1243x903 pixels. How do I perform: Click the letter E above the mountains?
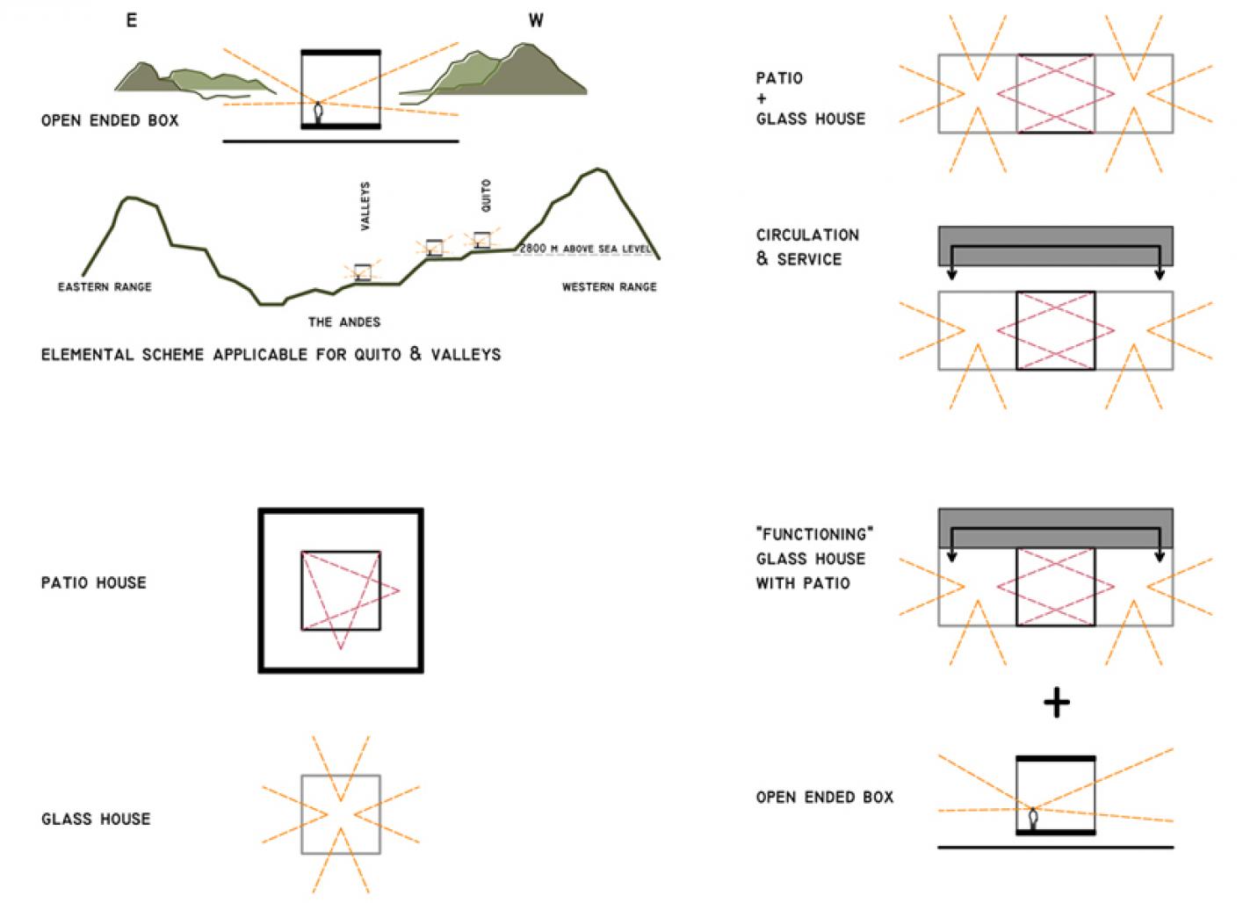click(x=132, y=20)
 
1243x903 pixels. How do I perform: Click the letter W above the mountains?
click(x=536, y=20)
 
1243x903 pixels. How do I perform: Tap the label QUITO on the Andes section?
click(x=486, y=195)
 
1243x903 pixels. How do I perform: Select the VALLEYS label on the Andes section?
click(x=365, y=206)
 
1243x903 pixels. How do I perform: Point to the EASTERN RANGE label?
click(x=105, y=287)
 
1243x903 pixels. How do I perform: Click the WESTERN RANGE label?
click(x=609, y=287)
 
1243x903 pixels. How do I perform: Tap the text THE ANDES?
click(x=344, y=322)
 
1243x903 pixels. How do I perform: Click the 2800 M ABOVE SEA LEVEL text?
click(x=585, y=249)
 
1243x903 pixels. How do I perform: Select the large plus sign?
click(x=1056, y=703)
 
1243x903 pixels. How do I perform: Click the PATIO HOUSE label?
click(x=94, y=582)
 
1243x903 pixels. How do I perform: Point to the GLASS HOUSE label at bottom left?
click(x=96, y=819)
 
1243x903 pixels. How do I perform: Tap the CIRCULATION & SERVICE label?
click(x=807, y=247)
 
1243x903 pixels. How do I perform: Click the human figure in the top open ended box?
click(x=318, y=113)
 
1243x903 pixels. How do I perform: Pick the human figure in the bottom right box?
click(x=1034, y=818)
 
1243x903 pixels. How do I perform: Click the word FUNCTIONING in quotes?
click(x=814, y=534)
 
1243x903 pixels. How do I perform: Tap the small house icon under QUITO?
click(x=481, y=239)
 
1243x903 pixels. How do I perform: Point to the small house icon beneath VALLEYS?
click(x=363, y=271)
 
